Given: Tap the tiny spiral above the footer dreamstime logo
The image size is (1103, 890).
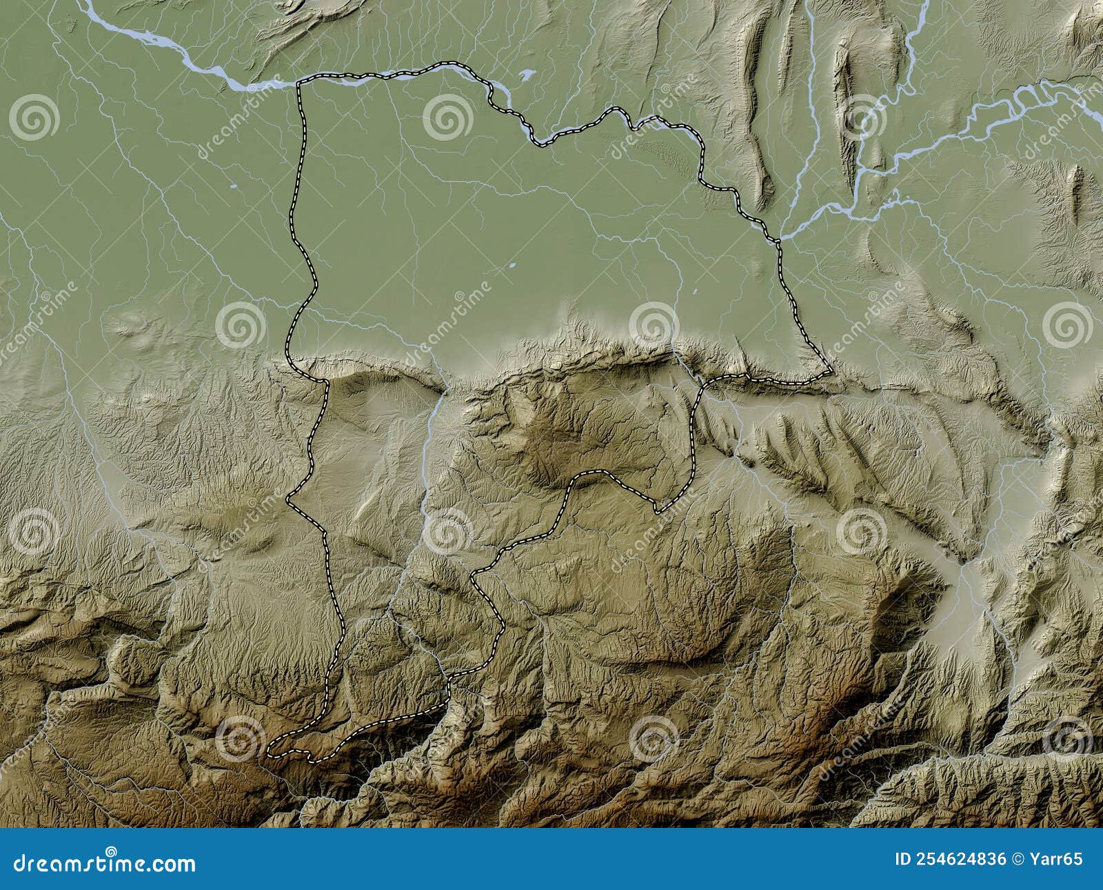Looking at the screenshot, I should tap(111, 851).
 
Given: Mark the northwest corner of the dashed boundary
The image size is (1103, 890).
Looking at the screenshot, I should tap(298, 83).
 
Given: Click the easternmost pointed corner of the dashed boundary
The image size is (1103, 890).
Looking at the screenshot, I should tap(832, 374).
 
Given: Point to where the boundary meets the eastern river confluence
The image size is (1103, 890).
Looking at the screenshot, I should tap(779, 240).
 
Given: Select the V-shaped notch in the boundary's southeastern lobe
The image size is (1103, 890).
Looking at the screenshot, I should tap(658, 512).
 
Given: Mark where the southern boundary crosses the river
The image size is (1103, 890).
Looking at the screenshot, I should tap(448, 680).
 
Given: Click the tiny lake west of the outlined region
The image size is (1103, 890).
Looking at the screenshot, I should tap(234, 187).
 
